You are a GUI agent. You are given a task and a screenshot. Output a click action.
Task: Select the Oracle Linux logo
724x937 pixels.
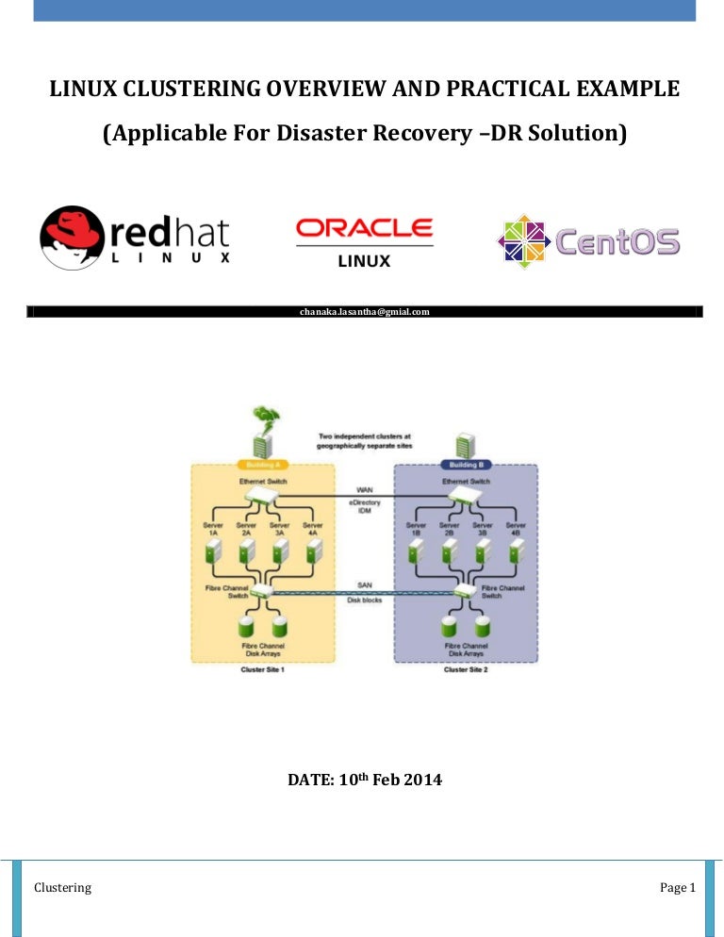tap(364, 242)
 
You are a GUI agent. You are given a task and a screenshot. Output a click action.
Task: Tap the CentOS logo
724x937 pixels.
tap(588, 241)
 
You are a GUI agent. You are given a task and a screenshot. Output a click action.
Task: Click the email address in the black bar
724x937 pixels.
tap(364, 311)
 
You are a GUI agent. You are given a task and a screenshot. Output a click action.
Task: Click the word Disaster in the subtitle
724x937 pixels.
tap(321, 135)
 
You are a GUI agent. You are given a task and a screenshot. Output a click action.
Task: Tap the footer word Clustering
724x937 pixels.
tap(62, 887)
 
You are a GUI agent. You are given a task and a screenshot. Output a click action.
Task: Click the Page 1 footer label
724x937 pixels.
tap(677, 887)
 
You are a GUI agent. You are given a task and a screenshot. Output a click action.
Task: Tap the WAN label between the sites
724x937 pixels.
tap(364, 490)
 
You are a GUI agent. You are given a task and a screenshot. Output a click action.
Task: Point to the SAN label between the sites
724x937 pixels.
tap(364, 584)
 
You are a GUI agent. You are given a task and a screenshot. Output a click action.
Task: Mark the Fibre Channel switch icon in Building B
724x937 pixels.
tap(464, 591)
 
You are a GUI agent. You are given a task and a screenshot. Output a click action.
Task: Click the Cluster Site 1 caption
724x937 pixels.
tap(264, 670)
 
